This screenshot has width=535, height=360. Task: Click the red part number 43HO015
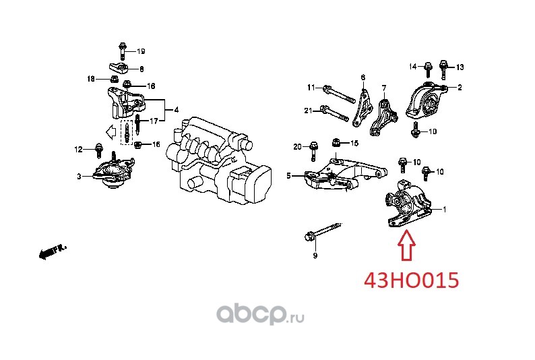(x=412, y=280)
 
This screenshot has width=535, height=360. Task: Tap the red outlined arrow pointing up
(x=406, y=245)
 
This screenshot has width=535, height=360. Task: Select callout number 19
(x=141, y=51)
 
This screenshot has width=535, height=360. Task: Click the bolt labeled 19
(x=123, y=51)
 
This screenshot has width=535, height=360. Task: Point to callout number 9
(x=315, y=256)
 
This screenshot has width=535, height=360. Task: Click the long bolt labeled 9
(x=323, y=231)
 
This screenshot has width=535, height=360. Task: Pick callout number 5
(x=288, y=176)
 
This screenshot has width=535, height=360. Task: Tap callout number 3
(x=79, y=177)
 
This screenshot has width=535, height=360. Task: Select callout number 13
(x=460, y=67)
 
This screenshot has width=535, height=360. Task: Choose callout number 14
(x=413, y=67)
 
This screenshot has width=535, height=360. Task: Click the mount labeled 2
(x=427, y=100)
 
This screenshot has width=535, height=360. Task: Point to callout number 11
(x=311, y=88)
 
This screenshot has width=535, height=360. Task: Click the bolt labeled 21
(x=335, y=114)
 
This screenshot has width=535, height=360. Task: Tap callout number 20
(x=298, y=147)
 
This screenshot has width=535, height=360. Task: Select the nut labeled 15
(x=336, y=142)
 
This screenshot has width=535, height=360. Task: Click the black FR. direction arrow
(x=52, y=252)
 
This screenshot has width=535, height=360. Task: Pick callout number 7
(x=384, y=88)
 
